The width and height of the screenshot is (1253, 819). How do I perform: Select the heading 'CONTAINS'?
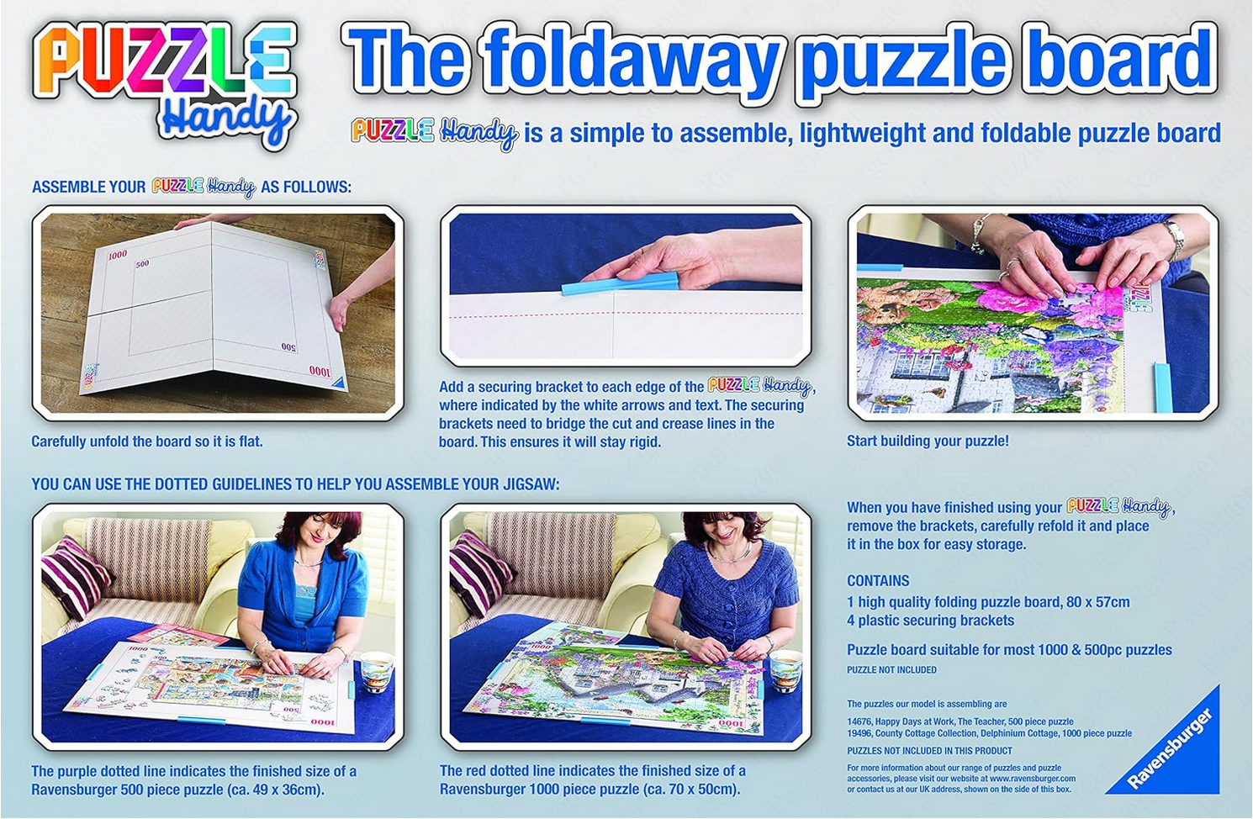click(878, 581)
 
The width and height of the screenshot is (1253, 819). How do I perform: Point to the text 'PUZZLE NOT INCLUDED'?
click(891, 670)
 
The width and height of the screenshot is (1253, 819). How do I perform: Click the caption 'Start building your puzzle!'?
click(928, 441)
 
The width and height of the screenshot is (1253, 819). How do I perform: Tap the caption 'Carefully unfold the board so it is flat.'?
click(147, 441)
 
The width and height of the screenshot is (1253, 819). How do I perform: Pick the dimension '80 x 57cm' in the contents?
click(1098, 602)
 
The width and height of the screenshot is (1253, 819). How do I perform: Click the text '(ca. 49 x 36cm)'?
click(274, 790)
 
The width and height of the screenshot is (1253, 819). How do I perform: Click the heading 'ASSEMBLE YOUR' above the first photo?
click(88, 187)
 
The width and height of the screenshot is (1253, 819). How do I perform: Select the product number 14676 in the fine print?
click(859, 721)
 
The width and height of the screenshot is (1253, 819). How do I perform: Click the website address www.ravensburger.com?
click(1032, 779)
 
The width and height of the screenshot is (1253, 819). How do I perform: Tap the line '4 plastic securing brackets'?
click(930, 621)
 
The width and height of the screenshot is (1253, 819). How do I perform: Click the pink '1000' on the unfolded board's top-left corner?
click(117, 255)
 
